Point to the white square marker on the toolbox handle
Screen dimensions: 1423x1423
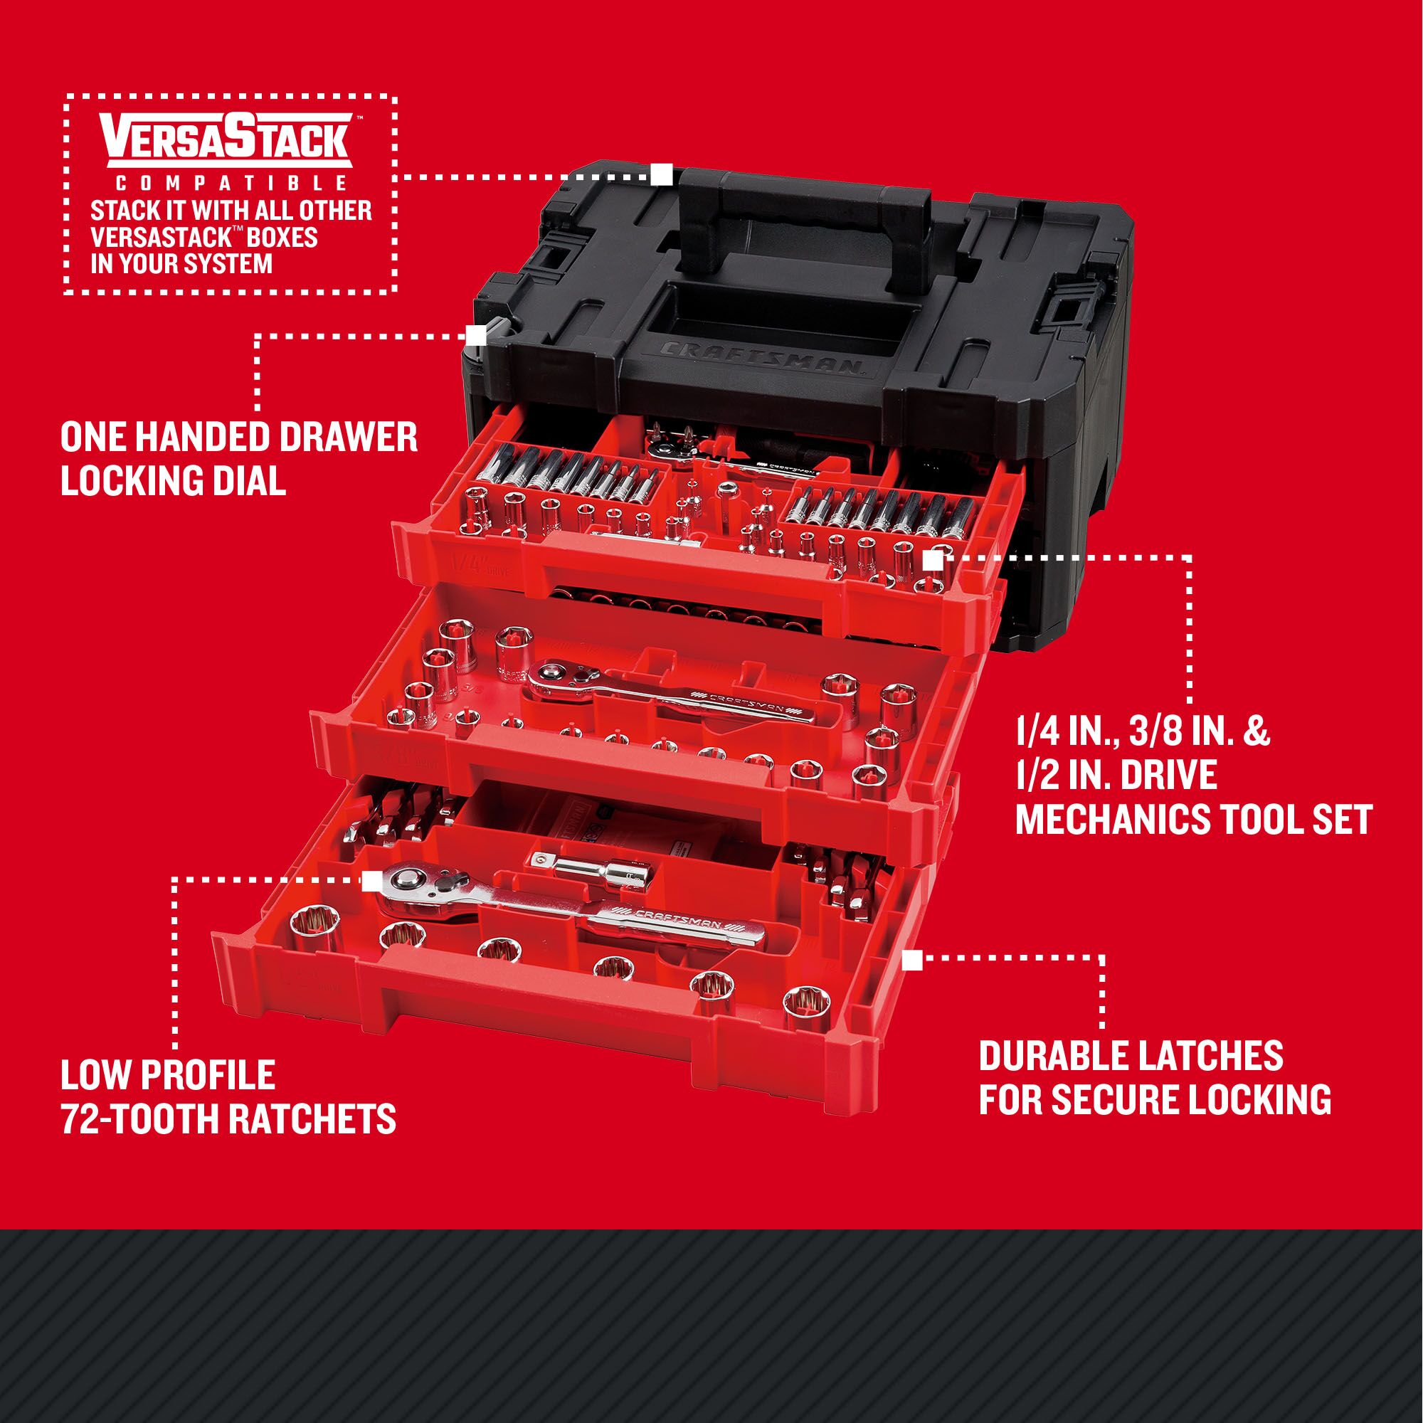point(661,175)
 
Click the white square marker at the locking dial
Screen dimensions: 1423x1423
point(476,335)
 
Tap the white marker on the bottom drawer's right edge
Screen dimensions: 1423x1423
point(913,960)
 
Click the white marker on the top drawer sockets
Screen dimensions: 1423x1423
point(931,561)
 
